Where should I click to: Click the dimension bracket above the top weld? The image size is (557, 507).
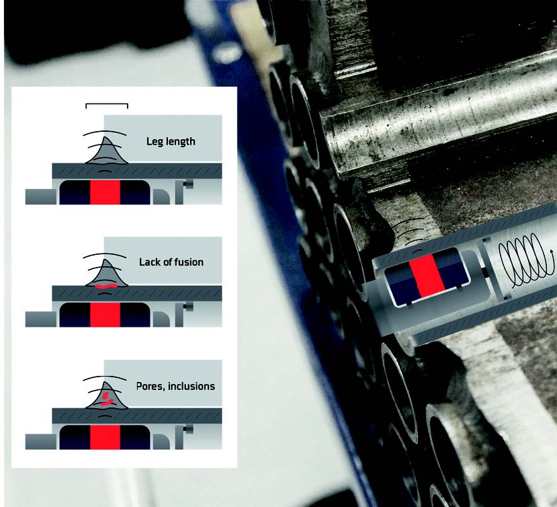click(x=106, y=106)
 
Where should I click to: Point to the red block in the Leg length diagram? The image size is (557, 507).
click(x=105, y=192)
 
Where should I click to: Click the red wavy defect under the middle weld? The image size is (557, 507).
click(x=105, y=286)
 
